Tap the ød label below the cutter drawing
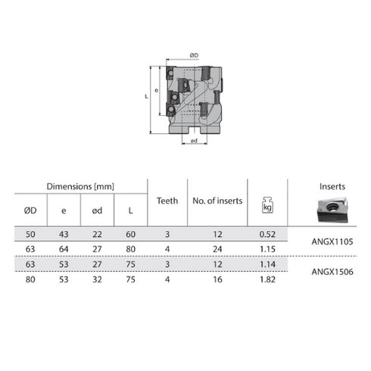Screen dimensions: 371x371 (x=195, y=141)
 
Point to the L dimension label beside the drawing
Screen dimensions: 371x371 (x=146, y=97)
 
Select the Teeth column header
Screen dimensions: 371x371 (x=167, y=201)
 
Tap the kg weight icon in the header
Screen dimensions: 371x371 (x=267, y=204)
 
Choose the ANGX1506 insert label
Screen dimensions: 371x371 (x=332, y=270)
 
